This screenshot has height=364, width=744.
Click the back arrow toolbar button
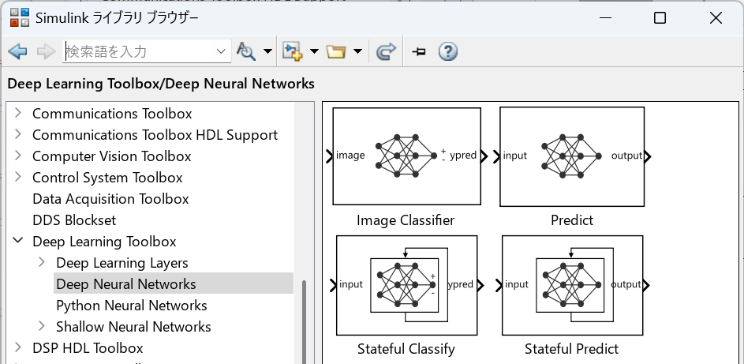click(x=17, y=51)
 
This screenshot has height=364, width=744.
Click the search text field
click(x=139, y=51)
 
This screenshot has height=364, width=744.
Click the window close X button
click(x=716, y=18)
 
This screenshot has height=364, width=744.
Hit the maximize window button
click(x=660, y=18)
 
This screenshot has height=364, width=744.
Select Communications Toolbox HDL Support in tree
click(x=155, y=135)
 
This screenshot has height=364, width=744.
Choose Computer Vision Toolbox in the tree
click(x=111, y=156)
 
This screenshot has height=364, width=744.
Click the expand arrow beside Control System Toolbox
click(x=18, y=177)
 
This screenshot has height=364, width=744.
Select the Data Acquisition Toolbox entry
click(x=110, y=199)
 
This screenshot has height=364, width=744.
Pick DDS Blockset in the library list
click(x=74, y=220)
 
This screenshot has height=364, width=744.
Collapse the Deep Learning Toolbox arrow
click(x=18, y=241)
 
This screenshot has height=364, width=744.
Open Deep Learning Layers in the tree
click(x=122, y=263)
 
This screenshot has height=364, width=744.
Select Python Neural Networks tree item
click(x=132, y=306)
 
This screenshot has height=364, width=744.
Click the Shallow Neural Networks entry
click(x=133, y=327)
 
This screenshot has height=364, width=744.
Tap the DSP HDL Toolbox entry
click(x=88, y=348)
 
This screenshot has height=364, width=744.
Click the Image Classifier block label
click(x=406, y=220)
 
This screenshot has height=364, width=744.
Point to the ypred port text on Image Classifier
click(x=462, y=156)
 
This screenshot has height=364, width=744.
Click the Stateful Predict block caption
click(x=571, y=349)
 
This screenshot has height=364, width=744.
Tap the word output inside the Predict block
click(x=626, y=156)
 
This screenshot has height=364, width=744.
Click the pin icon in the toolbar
click(x=418, y=51)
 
